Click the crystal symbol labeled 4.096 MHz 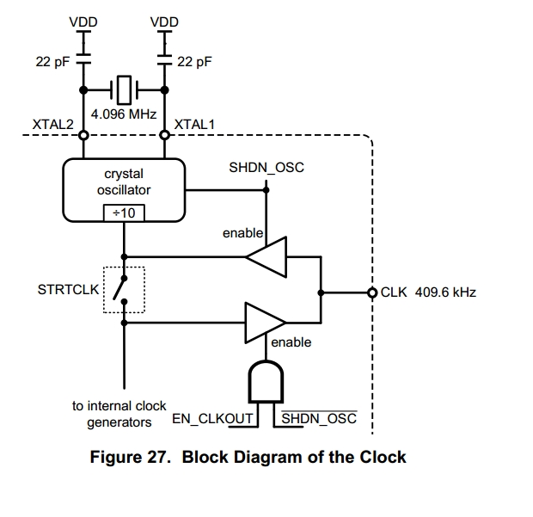pyautogui.click(x=126, y=88)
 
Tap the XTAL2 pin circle pyautogui.click(x=84, y=135)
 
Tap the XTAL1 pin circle pyautogui.click(x=164, y=135)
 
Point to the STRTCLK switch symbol pyautogui.click(x=125, y=289)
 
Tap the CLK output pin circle pyautogui.click(x=372, y=292)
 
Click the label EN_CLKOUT pyautogui.click(x=213, y=419)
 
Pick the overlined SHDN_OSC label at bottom pyautogui.click(x=319, y=419)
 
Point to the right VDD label pyautogui.click(x=164, y=21)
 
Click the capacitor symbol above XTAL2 pyautogui.click(x=84, y=62)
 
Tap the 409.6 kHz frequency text pyautogui.click(x=445, y=292)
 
